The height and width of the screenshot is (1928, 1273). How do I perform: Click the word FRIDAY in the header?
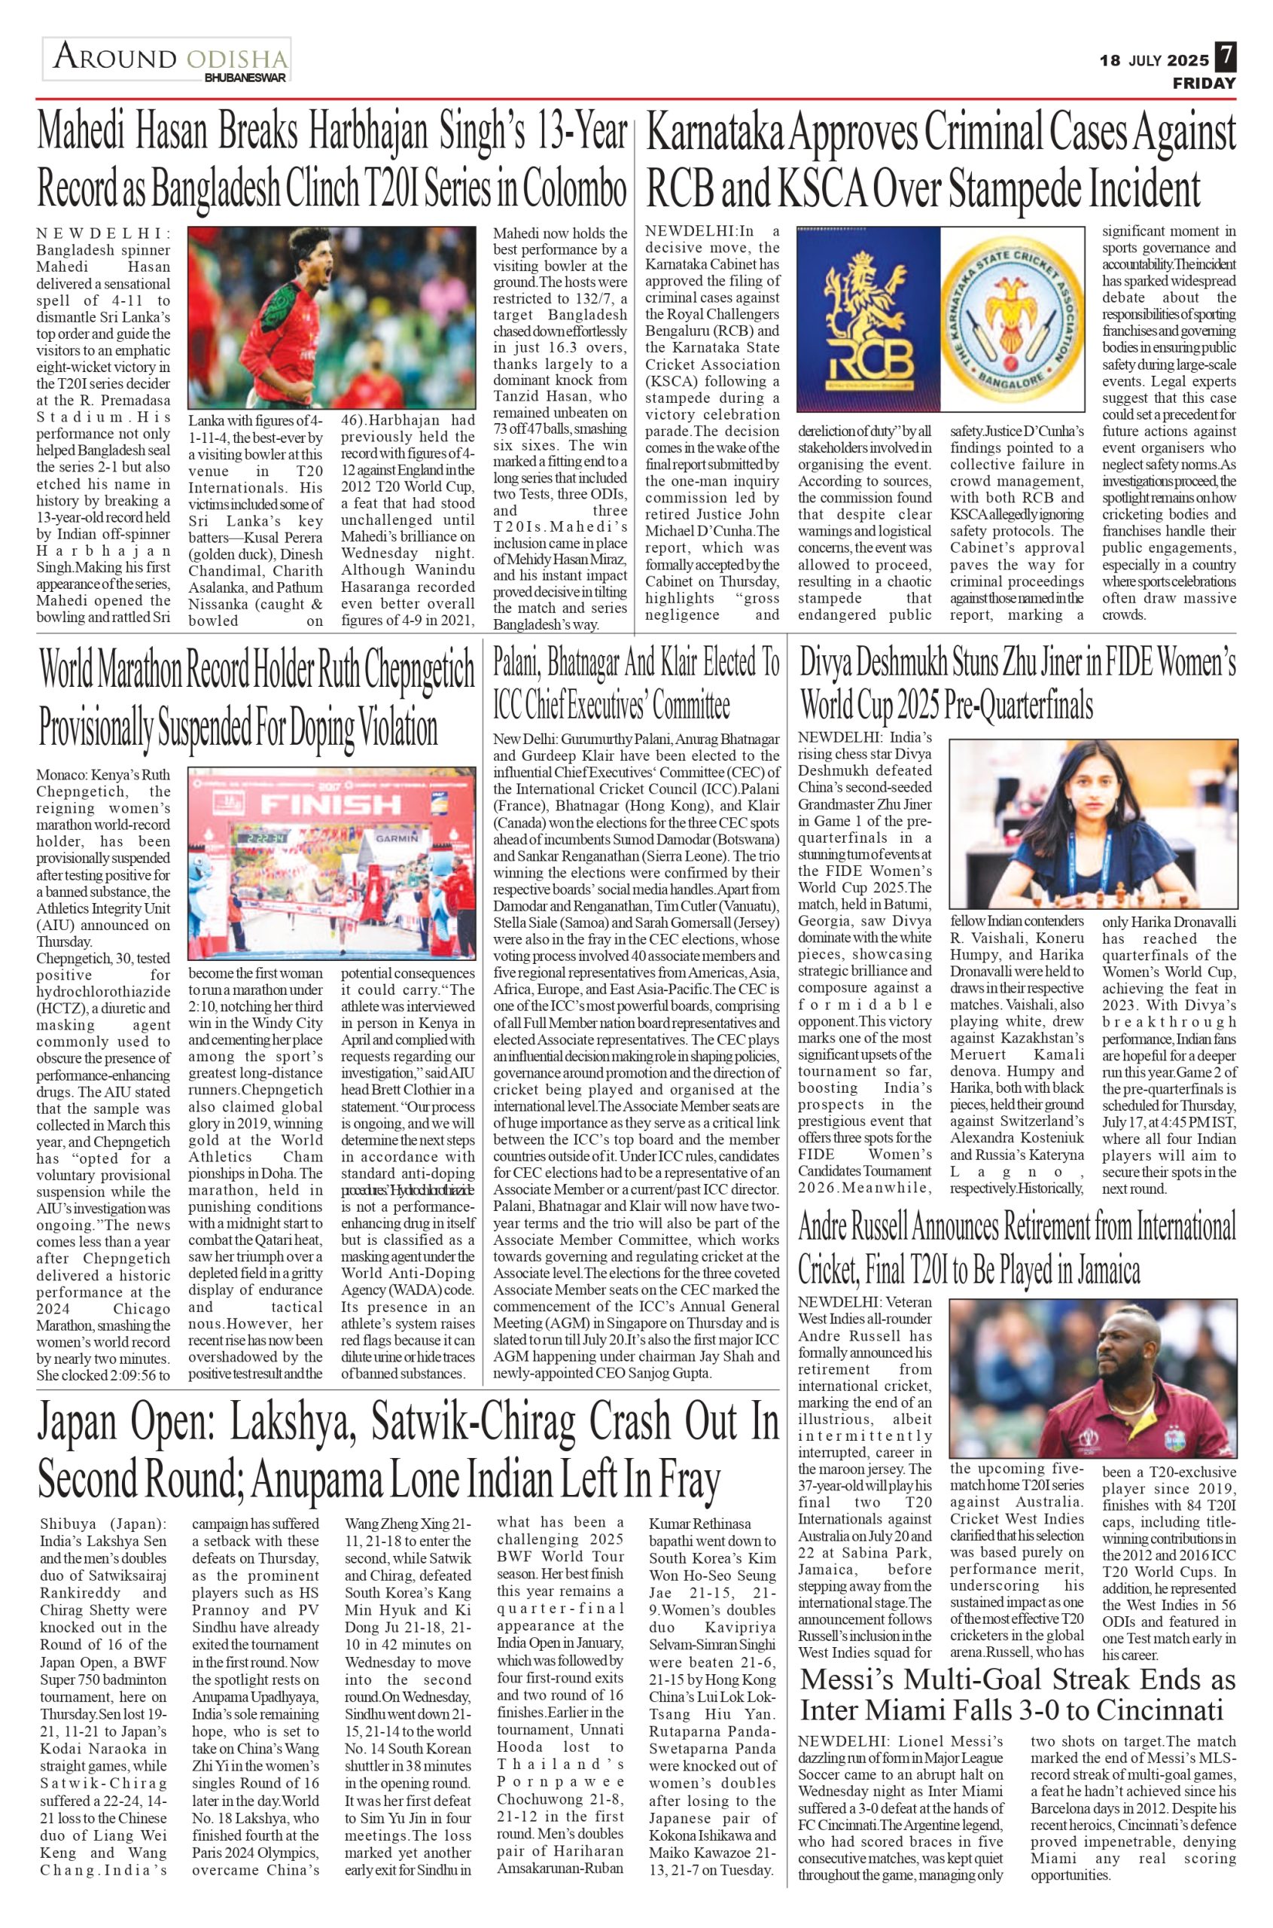click(x=1204, y=84)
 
